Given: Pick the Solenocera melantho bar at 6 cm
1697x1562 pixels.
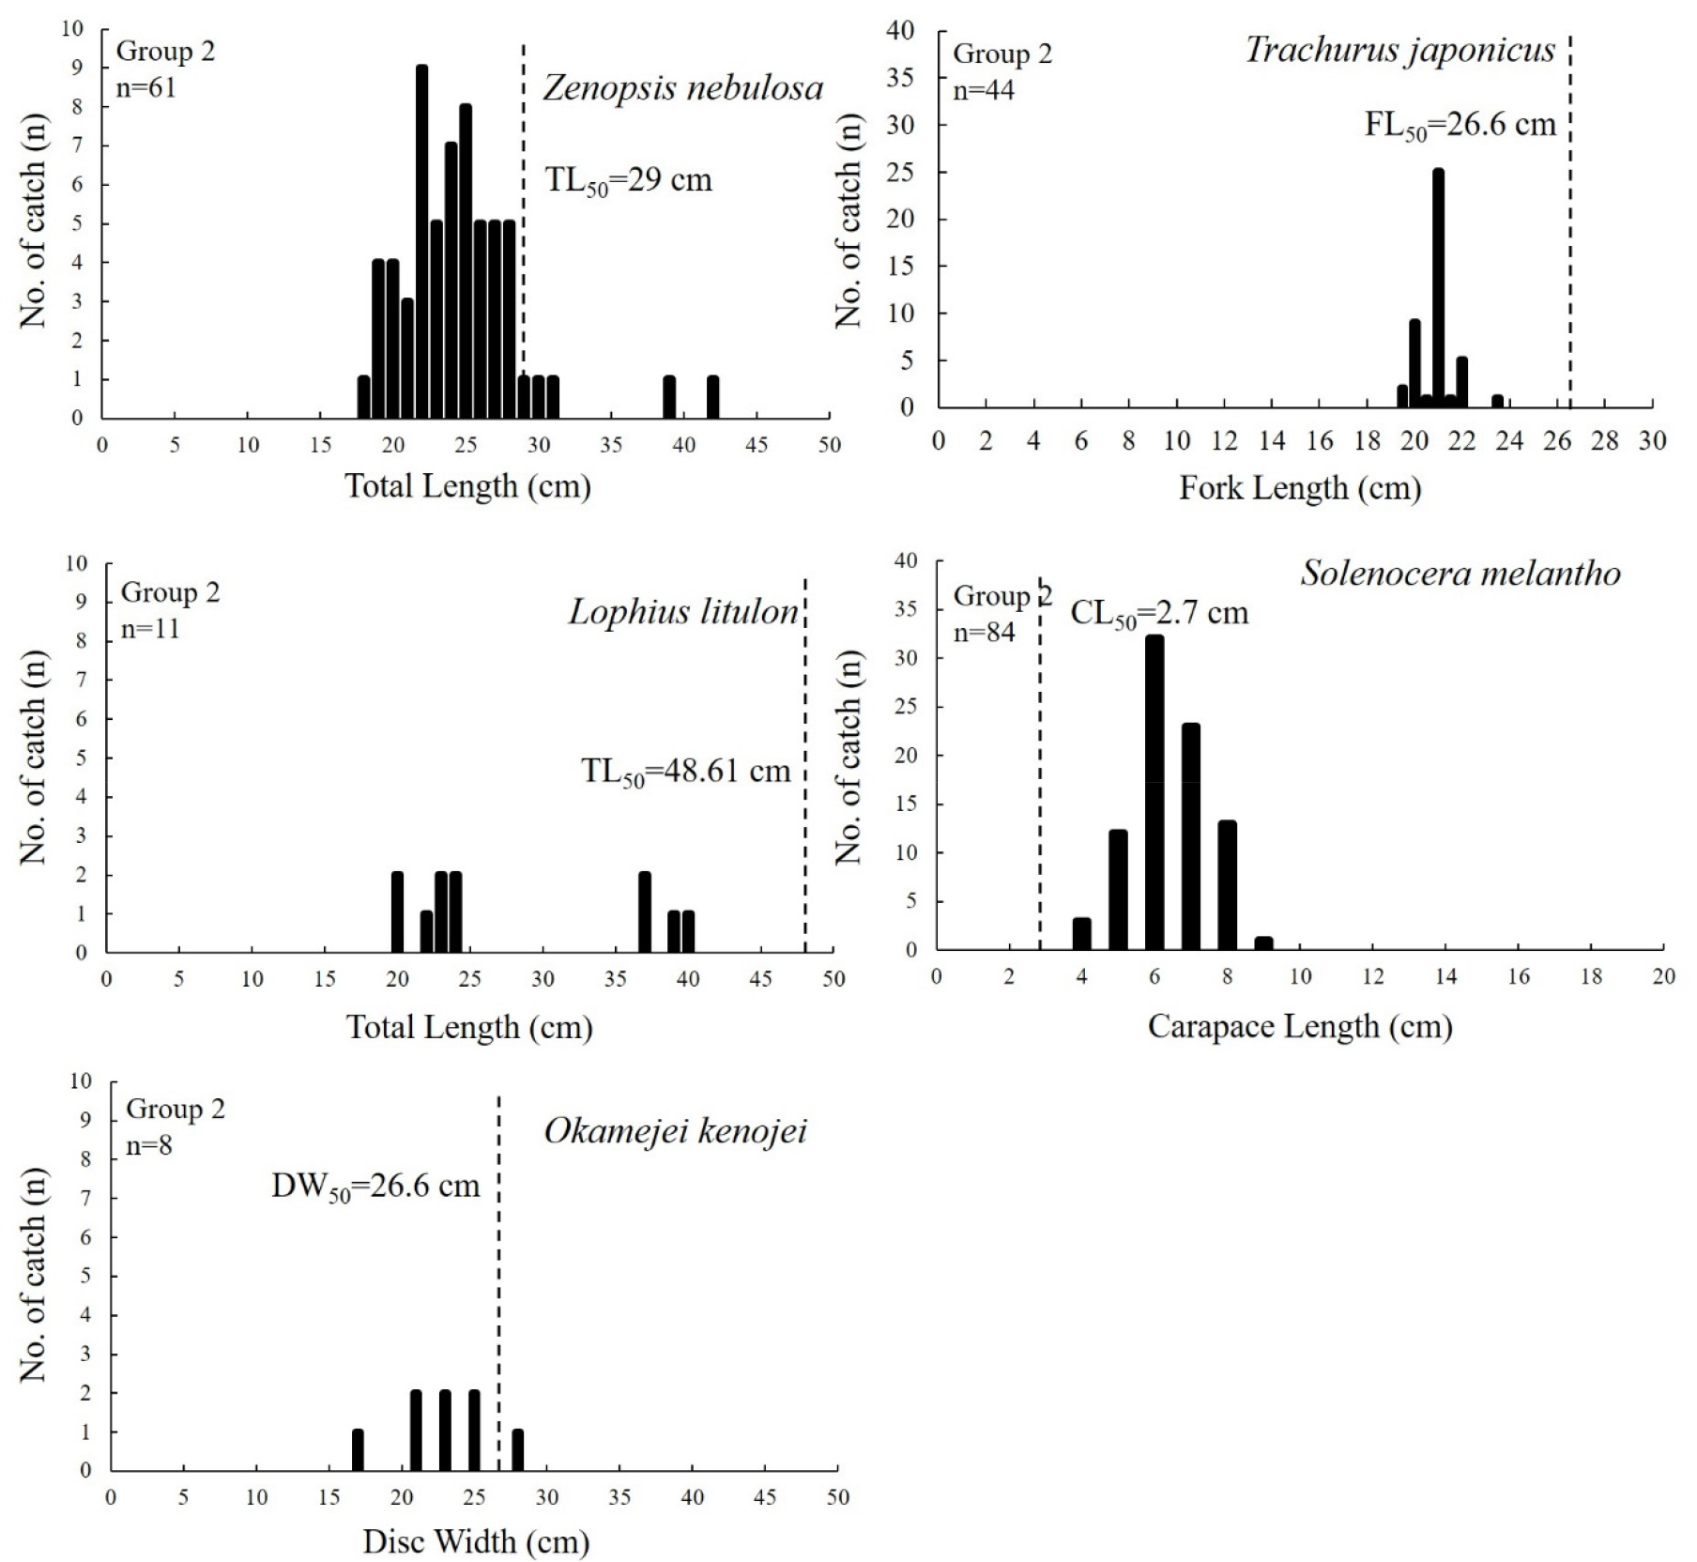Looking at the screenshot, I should (x=1154, y=793).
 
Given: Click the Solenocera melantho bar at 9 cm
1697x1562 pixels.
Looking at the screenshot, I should (x=1263, y=943).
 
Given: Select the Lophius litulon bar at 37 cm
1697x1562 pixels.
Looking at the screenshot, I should (x=645, y=912).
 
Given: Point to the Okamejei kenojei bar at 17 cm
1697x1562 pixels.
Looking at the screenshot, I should (x=358, y=1450).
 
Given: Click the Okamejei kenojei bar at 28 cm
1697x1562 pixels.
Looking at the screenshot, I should (x=517, y=1450).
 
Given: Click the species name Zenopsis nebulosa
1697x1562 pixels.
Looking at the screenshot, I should (x=682, y=88).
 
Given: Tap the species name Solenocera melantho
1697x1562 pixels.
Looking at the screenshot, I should (x=1460, y=573).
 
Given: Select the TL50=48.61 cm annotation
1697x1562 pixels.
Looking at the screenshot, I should (x=686, y=772).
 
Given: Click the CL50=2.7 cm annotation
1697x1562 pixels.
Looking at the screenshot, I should (x=1159, y=614).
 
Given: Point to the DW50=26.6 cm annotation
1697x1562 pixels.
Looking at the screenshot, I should (x=375, y=1187).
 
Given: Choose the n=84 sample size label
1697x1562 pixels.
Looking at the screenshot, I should (x=984, y=633).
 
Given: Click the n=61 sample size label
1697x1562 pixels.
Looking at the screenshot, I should (x=145, y=87).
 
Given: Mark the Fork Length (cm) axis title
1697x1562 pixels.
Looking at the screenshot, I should (x=1300, y=487).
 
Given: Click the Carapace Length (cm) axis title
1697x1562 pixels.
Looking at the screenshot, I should (x=1300, y=1026).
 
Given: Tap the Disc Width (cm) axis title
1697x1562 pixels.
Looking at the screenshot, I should (x=476, y=1541).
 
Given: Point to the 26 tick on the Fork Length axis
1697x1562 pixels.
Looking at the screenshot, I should (x=1556, y=441).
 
